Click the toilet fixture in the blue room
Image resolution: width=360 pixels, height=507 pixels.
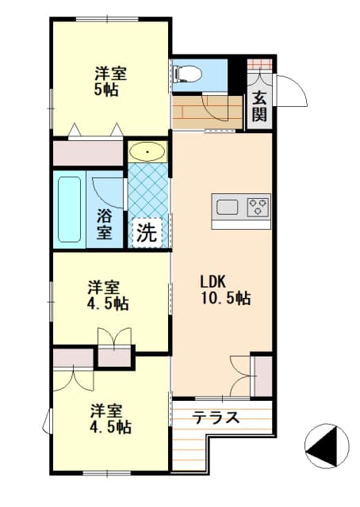coord(188,74)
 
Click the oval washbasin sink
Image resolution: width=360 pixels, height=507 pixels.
coord(147,151)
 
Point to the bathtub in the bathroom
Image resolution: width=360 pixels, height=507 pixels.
coord(69,209)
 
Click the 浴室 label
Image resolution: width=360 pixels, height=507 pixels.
coord(104,224)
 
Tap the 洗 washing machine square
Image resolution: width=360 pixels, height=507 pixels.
coord(147,232)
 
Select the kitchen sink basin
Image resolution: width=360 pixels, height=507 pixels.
coord(228,207)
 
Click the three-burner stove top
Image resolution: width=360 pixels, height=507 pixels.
coord(258,206)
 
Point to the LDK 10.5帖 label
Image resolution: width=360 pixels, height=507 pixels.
coord(225,290)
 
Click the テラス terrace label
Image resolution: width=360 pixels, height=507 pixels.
coord(216,417)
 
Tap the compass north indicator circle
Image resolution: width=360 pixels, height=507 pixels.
coord(327,446)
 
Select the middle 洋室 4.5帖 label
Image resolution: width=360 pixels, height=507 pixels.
coord(107,295)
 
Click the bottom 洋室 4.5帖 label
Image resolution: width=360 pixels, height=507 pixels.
coord(109,419)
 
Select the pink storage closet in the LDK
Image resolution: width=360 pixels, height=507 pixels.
coord(263,376)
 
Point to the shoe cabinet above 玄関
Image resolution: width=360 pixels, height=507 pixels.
coord(259,63)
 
